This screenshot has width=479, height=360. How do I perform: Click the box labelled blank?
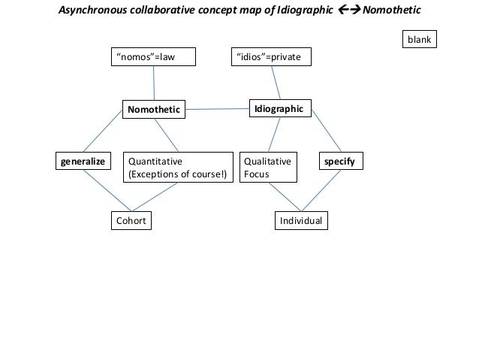tap(418, 39)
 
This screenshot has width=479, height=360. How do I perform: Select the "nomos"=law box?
tap(153, 57)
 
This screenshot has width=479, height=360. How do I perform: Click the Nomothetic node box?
tap(154, 110)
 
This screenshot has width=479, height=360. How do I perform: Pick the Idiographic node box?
tap(279, 109)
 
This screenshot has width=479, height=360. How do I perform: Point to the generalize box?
tap(83, 161)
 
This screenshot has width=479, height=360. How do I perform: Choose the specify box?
tap(341, 161)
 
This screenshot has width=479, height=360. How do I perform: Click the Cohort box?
tap(130, 221)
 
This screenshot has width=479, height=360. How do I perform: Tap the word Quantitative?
tap(155, 161)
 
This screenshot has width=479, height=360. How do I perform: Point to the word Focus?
tap(257, 175)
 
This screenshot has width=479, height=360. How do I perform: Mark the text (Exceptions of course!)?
tap(177, 175)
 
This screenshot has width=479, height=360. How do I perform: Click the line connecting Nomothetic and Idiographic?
tap(218, 110)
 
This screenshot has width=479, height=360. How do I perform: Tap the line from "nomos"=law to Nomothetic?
tap(154, 83)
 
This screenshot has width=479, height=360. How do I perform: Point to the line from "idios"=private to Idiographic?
tap(276, 83)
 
